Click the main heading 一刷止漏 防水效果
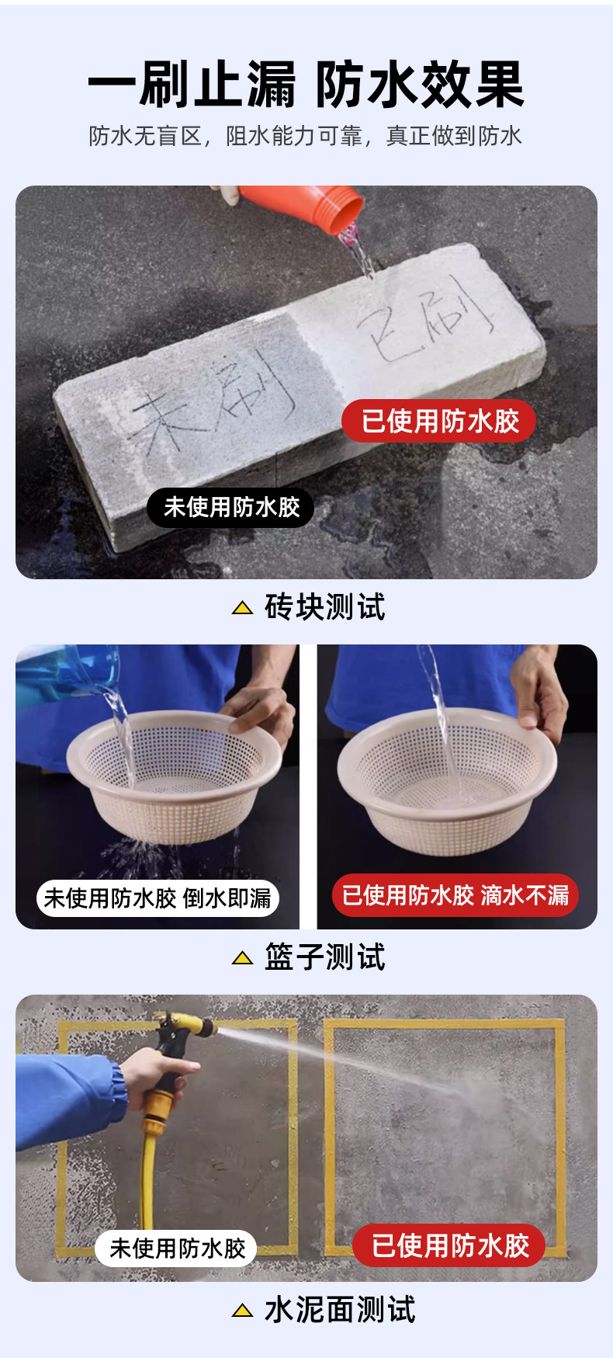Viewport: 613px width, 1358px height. tap(306, 85)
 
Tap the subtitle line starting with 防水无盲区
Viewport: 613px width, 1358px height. tap(306, 136)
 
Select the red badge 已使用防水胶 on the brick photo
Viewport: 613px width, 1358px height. tap(439, 422)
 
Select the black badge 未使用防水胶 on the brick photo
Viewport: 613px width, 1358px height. tap(230, 508)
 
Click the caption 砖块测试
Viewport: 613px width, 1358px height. tap(324, 607)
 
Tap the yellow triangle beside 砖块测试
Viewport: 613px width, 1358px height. tap(242, 608)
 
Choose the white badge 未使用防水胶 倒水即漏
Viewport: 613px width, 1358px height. tap(158, 898)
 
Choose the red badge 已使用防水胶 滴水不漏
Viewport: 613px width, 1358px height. tap(455, 895)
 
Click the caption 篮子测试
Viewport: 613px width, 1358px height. tap(324, 957)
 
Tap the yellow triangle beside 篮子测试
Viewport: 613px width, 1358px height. tap(242, 958)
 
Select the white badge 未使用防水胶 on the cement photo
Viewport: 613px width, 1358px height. tap(177, 1249)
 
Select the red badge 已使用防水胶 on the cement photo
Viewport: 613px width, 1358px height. tap(449, 1245)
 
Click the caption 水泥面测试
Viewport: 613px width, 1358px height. tap(340, 1310)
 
